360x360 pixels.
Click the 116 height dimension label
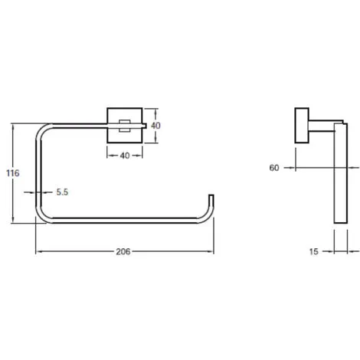click(x=13, y=173)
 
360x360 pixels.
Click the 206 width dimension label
click(x=123, y=252)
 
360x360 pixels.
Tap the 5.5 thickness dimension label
click(x=62, y=192)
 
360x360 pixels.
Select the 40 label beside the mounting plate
click(x=155, y=126)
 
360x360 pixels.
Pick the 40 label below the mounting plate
click(x=125, y=155)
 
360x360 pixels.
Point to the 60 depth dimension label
click(x=274, y=168)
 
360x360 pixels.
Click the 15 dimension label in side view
click(x=314, y=251)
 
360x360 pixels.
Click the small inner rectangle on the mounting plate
click(x=125, y=126)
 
